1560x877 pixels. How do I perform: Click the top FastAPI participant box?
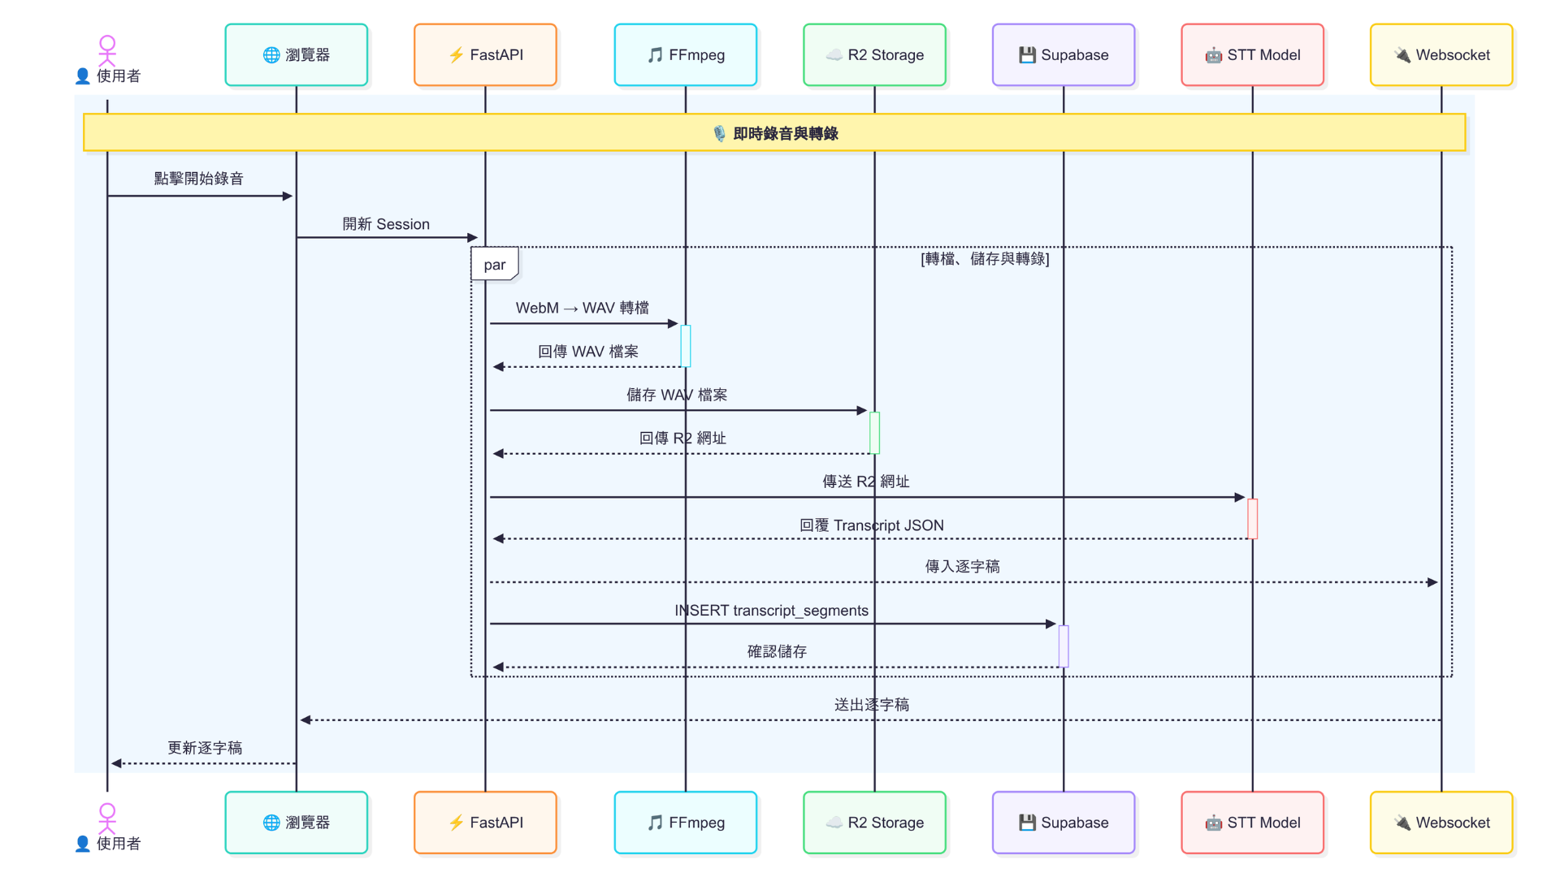[485, 54]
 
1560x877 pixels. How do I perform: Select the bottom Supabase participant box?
[1063, 822]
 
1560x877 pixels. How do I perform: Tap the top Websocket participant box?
[1441, 54]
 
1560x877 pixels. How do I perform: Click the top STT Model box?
[1252, 54]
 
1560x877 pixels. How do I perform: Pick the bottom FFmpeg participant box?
[685, 822]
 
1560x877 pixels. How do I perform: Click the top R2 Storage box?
[874, 54]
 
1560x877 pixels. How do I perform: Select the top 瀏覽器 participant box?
[296, 54]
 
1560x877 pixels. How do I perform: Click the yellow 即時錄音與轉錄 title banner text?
[785, 133]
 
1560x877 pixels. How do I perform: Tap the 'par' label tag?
[494, 265]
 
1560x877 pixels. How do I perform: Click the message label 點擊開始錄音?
[198, 179]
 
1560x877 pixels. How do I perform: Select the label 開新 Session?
[386, 224]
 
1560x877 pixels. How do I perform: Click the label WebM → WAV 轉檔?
[582, 308]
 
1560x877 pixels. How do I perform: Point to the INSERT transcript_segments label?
[771, 610]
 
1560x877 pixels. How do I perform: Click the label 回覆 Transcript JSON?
[871, 525]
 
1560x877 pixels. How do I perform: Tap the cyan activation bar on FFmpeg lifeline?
[685, 346]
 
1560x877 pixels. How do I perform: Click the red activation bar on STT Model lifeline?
[1252, 518]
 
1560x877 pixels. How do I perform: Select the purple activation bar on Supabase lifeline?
[1063, 646]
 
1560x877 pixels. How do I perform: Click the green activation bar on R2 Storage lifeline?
[874, 433]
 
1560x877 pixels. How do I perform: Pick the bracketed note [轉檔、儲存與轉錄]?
[985, 258]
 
